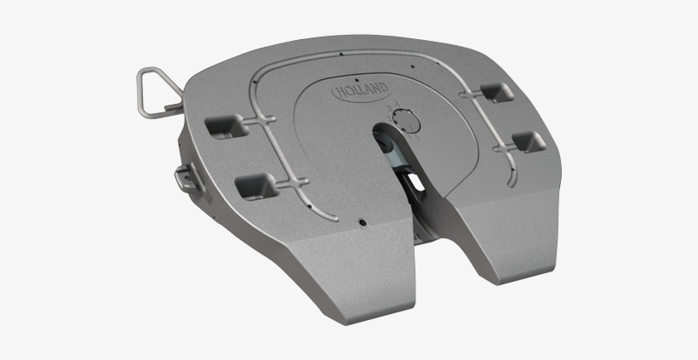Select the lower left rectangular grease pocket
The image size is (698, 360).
click(x=257, y=183)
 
